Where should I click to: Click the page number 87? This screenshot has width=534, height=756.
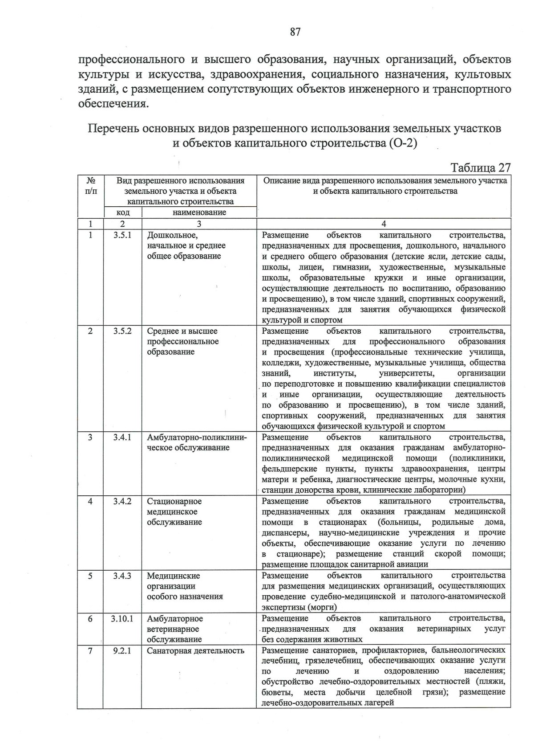pos(295,32)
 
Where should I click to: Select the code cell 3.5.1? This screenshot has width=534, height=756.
pos(122,235)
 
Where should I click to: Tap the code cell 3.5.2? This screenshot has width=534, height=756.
pos(122,331)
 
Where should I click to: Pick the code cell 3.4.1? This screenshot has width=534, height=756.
pos(122,437)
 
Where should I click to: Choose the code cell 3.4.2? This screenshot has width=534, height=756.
pos(122,501)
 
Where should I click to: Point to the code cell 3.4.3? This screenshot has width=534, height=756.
pos(122,576)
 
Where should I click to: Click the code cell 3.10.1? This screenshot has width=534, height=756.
pos(122,618)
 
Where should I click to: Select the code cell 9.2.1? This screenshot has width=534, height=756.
pos(122,651)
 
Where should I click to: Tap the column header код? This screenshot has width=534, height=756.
pos(122,212)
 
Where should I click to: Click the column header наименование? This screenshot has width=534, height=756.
pos(199,212)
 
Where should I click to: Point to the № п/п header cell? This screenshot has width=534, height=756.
pos(90,186)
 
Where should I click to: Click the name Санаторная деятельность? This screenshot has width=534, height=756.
pos(195,651)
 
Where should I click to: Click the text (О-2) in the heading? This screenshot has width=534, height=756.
pos(403,143)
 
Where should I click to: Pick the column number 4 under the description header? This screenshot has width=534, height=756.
pos(384,224)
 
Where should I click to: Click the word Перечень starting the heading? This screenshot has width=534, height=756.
pos(113,129)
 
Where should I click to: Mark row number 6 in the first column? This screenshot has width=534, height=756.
pos(90,618)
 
